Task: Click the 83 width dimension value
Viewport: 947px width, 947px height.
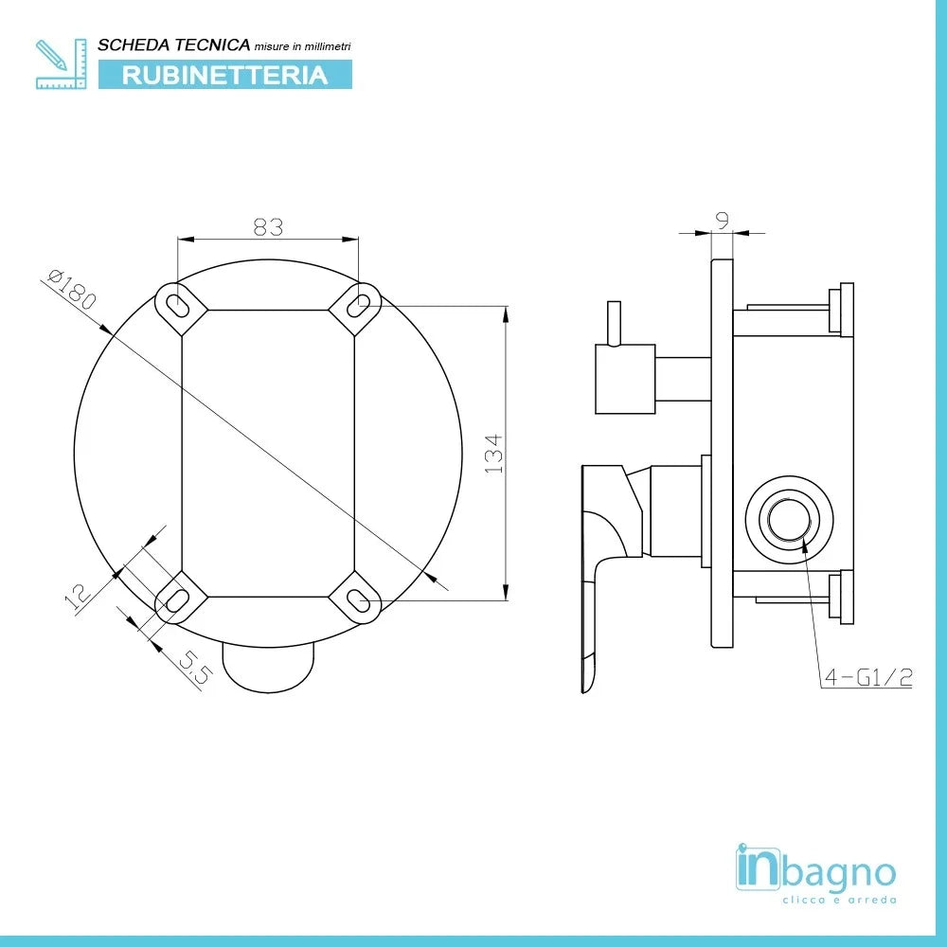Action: click(x=269, y=226)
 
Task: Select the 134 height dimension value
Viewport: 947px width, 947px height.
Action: click(x=493, y=455)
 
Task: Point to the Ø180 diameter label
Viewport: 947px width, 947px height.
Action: click(x=72, y=289)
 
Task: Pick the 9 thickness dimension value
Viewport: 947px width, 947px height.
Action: click(x=723, y=221)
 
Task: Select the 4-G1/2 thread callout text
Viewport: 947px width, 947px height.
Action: click(x=867, y=678)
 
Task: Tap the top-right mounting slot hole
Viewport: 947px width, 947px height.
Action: click(x=358, y=305)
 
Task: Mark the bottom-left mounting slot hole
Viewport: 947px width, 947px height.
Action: click(x=177, y=599)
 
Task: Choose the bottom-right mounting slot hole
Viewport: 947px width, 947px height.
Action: click(x=358, y=599)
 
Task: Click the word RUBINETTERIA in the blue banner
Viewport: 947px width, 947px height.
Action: click(x=224, y=75)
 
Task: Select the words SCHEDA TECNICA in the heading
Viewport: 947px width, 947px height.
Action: click(x=174, y=45)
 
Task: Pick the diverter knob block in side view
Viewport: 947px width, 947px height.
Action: click(x=625, y=380)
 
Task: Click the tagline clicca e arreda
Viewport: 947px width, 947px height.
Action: click(x=838, y=900)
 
